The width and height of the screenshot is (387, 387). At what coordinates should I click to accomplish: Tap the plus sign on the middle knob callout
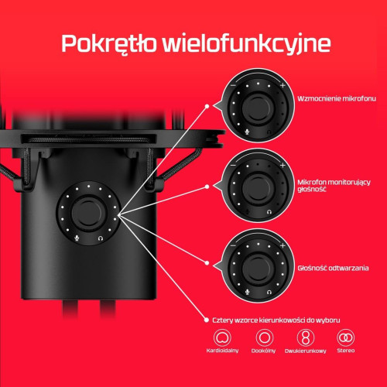click(283, 166)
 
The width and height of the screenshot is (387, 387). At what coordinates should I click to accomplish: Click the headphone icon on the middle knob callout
click(269, 210)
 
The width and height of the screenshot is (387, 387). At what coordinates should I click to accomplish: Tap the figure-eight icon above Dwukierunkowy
click(306, 338)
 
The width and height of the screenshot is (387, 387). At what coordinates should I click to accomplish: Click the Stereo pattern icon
click(345, 338)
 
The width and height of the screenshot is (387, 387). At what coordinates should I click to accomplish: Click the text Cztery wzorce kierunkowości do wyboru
click(276, 319)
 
